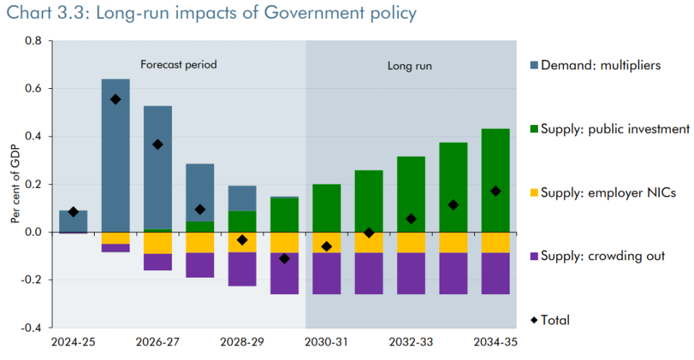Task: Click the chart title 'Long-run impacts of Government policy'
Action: [250, 13]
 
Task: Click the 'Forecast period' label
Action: [179, 64]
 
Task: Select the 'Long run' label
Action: [410, 66]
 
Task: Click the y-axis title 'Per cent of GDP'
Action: [14, 184]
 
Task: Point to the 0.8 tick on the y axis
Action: [33, 41]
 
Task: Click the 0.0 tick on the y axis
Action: [33, 232]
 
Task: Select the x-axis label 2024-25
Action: [73, 341]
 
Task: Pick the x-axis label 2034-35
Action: [495, 341]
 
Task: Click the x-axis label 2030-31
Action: [327, 341]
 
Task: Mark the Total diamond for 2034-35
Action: [495, 191]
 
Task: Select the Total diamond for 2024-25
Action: [74, 212]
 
